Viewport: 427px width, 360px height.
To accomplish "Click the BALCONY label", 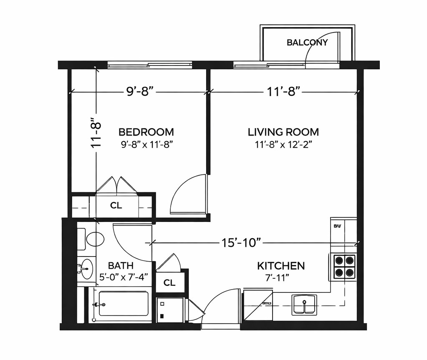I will click(x=307, y=42).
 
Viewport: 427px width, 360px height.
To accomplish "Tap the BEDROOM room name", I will click(x=146, y=132).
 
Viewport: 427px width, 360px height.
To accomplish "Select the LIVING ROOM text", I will click(x=283, y=132).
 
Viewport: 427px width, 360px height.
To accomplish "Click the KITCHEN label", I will click(x=280, y=266).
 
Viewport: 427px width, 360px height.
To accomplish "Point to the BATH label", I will click(x=121, y=266).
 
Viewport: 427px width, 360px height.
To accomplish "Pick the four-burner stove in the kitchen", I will click(x=344, y=267).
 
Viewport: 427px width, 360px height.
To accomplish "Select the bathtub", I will click(x=123, y=304).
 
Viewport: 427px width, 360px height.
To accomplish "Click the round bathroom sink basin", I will click(x=87, y=268).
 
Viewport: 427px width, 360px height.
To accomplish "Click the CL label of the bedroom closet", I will click(x=116, y=206).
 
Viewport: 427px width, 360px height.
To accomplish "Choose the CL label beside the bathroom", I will click(x=169, y=283).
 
